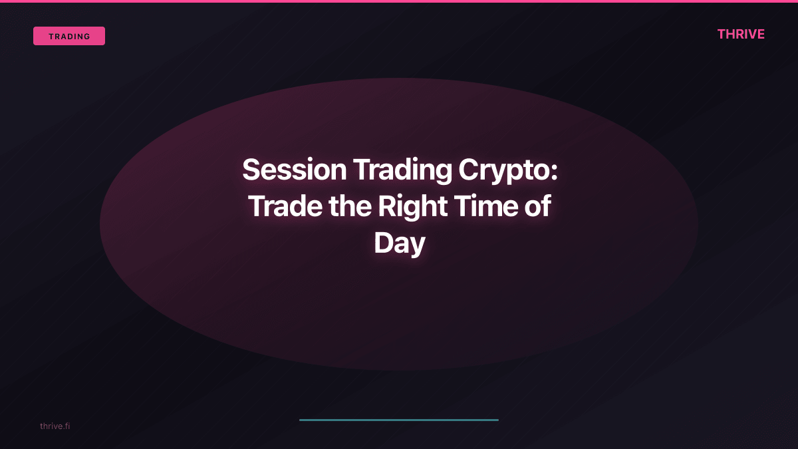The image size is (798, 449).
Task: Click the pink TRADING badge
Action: pyautogui.click(x=69, y=36)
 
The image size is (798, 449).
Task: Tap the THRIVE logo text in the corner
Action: pyautogui.click(x=741, y=35)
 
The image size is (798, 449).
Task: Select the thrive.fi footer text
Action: pyautogui.click(x=55, y=426)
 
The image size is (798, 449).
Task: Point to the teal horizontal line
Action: pyautogui.click(x=399, y=420)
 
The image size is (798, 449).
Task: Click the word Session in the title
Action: pyautogui.click(x=294, y=170)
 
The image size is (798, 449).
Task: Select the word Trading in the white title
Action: pyautogui.click(x=402, y=170)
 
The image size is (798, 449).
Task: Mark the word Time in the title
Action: pyautogui.click(x=484, y=207)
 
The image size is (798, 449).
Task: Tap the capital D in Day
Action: pyautogui.click(x=383, y=243)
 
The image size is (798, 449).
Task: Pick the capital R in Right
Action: pyautogui.click(x=387, y=207)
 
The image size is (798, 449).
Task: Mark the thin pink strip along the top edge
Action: pyautogui.click(x=399, y=1)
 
